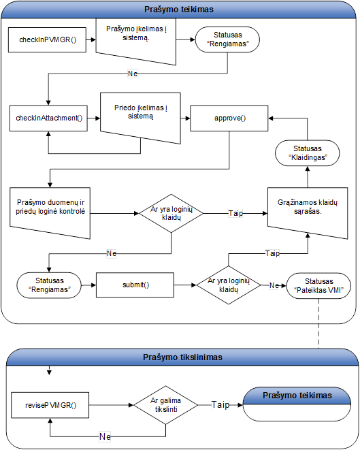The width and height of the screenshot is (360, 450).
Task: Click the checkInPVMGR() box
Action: [x=47, y=40]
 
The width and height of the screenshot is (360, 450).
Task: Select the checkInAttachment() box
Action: [x=48, y=118]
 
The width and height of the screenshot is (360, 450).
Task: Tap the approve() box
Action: [x=229, y=118]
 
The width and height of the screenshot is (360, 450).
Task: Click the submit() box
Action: [x=135, y=285]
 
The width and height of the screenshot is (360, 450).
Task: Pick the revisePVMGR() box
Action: [x=50, y=405]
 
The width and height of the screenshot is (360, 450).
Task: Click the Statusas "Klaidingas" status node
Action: [x=307, y=153]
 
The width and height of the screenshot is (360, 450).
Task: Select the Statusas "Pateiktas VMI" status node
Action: [x=318, y=285]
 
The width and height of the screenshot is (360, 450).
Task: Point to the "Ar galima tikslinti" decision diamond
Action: [x=166, y=405]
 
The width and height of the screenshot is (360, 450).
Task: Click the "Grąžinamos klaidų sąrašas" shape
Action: [x=308, y=213]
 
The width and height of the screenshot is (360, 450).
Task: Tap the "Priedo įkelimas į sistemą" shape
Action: [x=140, y=118]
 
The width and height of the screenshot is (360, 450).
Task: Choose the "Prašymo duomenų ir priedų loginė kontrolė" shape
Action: [x=50, y=213]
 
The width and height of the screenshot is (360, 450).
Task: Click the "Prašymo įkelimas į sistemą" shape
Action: [x=135, y=40]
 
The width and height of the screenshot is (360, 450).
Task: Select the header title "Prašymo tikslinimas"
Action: [x=182, y=357]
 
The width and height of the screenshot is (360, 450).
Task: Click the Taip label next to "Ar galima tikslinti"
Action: [x=220, y=404]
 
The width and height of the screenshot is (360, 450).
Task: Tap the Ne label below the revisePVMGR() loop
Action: [x=105, y=436]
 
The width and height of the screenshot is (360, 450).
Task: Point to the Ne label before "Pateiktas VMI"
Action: [x=274, y=285]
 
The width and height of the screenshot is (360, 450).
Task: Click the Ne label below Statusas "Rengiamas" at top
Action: [x=132, y=74]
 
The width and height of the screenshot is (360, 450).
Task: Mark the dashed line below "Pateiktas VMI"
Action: [x=318, y=324]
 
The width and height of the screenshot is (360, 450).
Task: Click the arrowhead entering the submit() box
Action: [x=93, y=285]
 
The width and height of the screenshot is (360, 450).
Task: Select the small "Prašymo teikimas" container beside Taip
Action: [x=297, y=404]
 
